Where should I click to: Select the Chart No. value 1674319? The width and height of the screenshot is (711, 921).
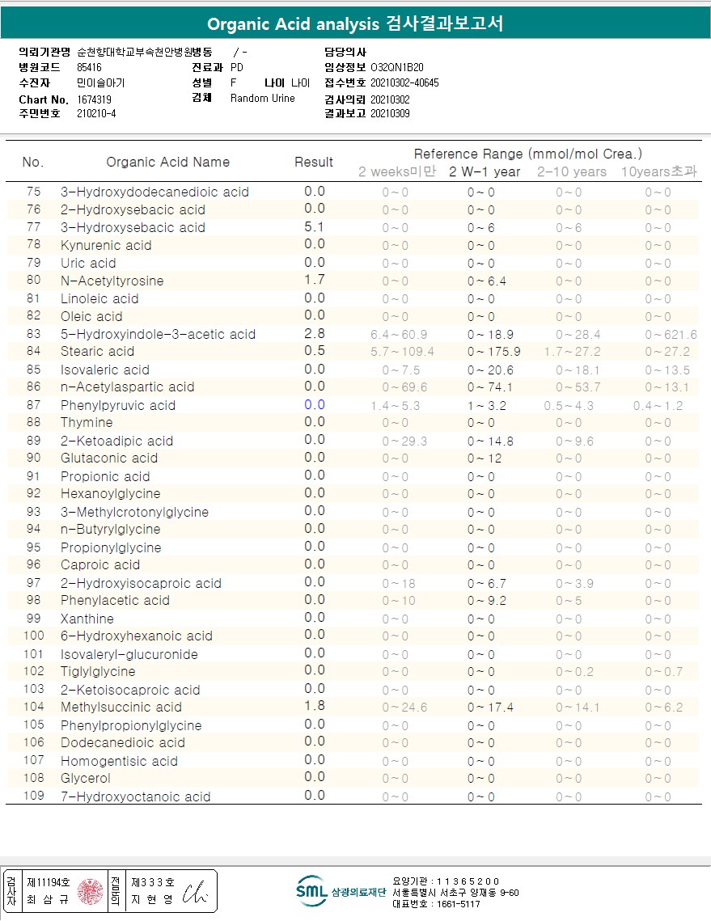click(95, 99)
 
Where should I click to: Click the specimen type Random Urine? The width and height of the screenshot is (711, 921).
click(263, 99)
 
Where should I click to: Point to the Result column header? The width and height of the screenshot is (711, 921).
click(314, 162)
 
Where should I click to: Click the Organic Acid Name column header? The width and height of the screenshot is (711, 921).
click(168, 162)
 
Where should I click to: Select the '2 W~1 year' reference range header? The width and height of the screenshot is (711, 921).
click(485, 171)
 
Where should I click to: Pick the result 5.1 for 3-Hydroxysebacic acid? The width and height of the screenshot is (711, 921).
click(315, 227)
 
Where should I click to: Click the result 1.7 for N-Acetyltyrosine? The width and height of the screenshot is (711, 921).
click(315, 281)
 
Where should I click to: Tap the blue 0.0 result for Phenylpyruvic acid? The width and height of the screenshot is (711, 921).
click(315, 405)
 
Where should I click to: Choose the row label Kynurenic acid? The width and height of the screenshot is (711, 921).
click(106, 245)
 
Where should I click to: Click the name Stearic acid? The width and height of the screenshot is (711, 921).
click(98, 351)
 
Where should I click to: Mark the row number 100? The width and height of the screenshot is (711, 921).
click(33, 636)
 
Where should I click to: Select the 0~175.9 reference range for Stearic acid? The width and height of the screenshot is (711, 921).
click(493, 352)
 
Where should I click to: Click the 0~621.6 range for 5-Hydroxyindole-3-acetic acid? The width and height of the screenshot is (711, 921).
click(671, 334)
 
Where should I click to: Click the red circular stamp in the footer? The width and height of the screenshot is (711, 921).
click(91, 891)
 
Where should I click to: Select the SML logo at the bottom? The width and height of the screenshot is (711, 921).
click(311, 891)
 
